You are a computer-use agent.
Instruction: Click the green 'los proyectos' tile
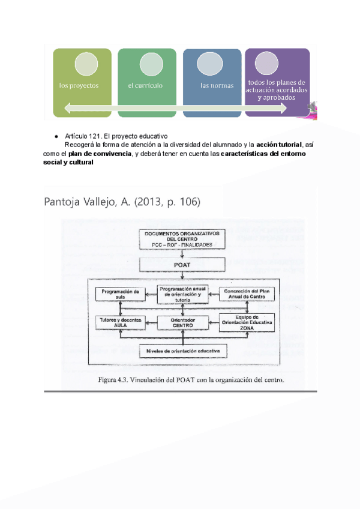82,84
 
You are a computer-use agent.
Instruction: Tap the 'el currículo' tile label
145,85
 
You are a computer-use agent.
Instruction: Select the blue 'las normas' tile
212,85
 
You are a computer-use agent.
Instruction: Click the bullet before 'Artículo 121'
56,137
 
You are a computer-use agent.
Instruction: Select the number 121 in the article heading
95,137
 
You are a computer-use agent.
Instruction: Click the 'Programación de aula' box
121,294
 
